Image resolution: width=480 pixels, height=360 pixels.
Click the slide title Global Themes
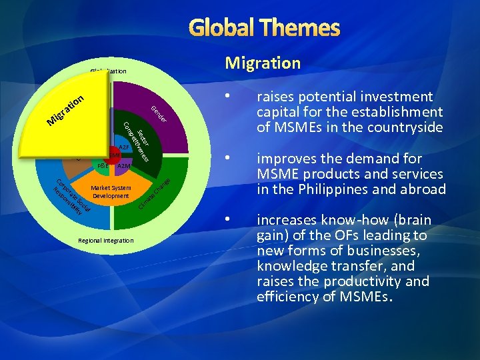[x=265, y=28]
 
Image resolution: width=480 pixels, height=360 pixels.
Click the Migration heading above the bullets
[x=263, y=63]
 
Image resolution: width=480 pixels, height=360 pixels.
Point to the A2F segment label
[x=124, y=147]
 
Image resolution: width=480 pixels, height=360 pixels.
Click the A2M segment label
[x=124, y=165]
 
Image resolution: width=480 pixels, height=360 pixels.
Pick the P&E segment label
[x=103, y=165]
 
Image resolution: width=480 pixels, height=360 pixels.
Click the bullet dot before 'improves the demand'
[x=229, y=159]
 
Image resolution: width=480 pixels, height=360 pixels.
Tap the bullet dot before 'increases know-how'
[x=229, y=220]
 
